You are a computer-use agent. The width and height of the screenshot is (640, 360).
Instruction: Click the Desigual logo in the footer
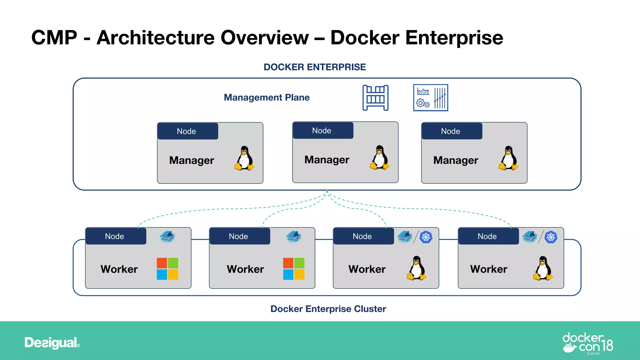[52, 343]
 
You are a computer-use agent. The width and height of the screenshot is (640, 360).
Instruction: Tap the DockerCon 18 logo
[587, 343]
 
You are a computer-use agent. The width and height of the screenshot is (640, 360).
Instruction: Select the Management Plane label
[267, 97]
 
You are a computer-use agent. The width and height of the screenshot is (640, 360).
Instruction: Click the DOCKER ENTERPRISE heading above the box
[315, 67]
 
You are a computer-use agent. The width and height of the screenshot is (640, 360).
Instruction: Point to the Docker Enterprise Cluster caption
[328, 309]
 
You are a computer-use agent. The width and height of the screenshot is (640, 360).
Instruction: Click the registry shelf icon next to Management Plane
[375, 98]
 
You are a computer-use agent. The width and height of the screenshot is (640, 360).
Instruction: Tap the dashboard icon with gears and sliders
[430, 97]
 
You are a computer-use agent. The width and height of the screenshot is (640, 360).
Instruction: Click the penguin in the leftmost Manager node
[244, 158]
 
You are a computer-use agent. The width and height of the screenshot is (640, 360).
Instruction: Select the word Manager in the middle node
[327, 160]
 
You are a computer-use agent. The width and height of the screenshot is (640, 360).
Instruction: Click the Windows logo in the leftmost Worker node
[167, 269]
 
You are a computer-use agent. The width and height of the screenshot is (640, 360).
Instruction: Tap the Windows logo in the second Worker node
[294, 269]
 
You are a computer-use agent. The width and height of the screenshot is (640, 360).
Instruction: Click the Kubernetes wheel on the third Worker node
[426, 237]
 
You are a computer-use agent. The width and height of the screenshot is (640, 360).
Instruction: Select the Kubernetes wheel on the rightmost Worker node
[551, 237]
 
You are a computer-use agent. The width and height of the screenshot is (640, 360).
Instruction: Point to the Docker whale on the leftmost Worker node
[167, 237]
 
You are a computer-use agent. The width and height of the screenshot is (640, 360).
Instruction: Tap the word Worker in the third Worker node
[367, 269]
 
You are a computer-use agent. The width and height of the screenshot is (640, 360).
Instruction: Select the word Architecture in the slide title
[155, 38]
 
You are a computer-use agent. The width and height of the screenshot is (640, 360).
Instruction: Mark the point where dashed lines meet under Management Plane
[327, 191]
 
